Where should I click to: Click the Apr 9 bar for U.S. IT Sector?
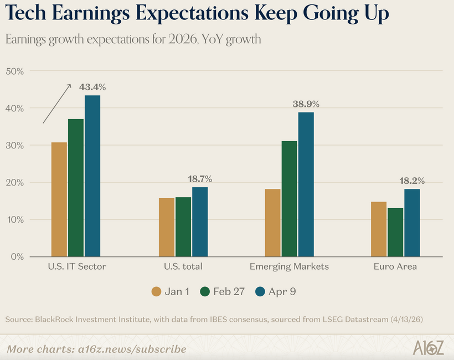coord(92,176)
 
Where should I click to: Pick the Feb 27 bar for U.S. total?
coord(183,227)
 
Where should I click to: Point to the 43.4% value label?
coord(92,87)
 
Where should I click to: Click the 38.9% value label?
coord(306,104)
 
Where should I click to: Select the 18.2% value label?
coord(412,181)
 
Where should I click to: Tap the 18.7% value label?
coord(200,179)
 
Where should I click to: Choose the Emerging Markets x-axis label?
coord(289,266)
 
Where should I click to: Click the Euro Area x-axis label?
coord(395,266)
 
